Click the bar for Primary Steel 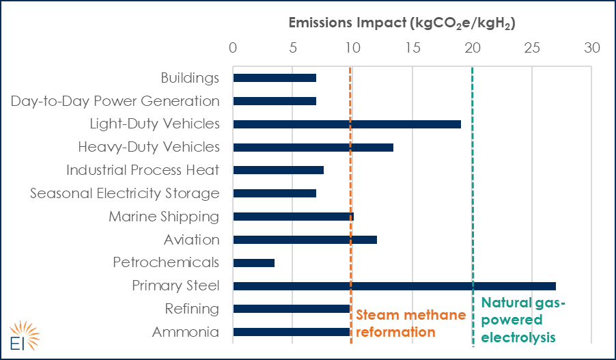(394, 286)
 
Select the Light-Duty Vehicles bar (347, 124)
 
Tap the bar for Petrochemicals (254, 263)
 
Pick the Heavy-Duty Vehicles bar (313, 148)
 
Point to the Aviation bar (305, 240)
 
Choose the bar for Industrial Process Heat (278, 170)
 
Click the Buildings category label (190, 78)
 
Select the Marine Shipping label (164, 217)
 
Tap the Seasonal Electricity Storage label (125, 193)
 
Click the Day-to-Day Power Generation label (115, 101)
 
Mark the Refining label (192, 309)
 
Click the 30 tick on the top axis (591, 49)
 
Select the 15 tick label (412, 49)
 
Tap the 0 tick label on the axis (233, 49)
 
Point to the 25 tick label (532, 49)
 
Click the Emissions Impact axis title (401, 23)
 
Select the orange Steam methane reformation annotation (410, 323)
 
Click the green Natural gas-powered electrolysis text (524, 320)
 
